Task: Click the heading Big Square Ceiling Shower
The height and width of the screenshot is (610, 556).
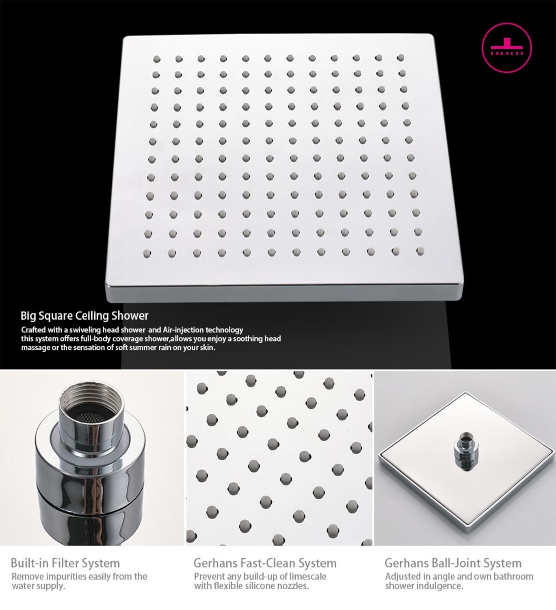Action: (84, 316)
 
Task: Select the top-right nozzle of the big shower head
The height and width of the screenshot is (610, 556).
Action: (400, 57)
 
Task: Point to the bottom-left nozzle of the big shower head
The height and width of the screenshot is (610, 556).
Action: (147, 254)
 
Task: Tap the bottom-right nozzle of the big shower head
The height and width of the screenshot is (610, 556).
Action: (420, 251)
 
